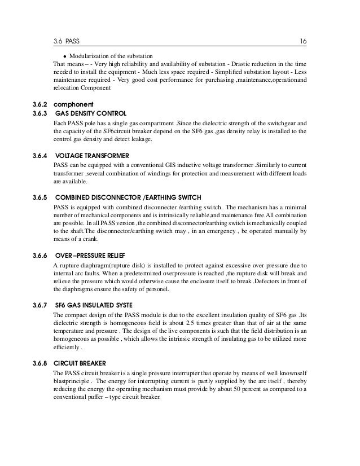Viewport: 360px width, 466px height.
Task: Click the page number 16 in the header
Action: coord(303,41)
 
